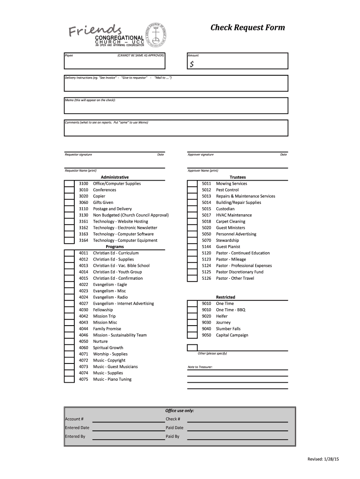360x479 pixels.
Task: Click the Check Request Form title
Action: [247, 28]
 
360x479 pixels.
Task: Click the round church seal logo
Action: [160, 34]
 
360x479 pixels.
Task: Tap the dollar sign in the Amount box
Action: [192, 65]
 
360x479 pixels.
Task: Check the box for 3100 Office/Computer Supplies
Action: [69, 184]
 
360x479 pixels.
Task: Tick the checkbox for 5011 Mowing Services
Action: [192, 184]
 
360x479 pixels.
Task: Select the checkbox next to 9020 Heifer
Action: [192, 316]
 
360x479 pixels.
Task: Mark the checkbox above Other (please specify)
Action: [192, 348]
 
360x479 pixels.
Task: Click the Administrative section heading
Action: [115, 177]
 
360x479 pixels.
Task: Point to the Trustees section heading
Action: [238, 177]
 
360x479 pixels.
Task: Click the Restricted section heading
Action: [225, 297]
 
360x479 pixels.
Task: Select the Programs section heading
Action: [115, 247]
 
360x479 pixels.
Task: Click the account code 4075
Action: [83, 379]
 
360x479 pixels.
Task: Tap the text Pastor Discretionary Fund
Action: [239, 272]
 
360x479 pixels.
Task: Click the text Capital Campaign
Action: [232, 335]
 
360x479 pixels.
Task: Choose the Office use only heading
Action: [180, 411]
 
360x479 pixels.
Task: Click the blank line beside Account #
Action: [128, 419]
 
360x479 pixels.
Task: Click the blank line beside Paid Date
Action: [237, 428]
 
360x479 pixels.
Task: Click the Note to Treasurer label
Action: [200, 367]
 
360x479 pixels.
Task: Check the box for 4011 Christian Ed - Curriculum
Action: [69, 253]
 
